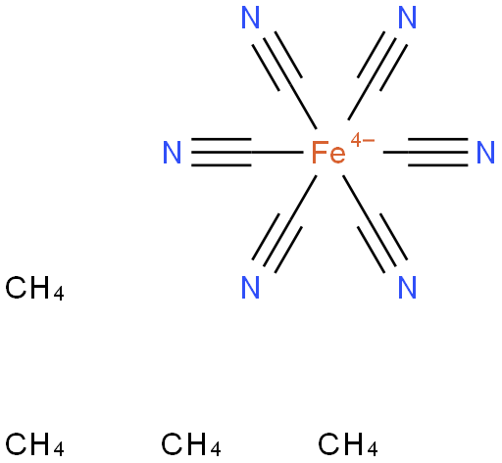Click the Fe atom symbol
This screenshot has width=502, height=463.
pyautogui.click(x=328, y=153)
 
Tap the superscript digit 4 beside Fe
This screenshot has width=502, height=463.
pyautogui.click(x=356, y=141)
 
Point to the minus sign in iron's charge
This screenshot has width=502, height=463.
pyautogui.click(x=369, y=141)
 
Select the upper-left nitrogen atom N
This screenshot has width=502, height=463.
pyautogui.click(x=250, y=18)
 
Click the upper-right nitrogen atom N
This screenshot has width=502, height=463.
pyautogui.click(x=407, y=18)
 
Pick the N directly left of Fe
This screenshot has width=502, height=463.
pyautogui.click(x=172, y=153)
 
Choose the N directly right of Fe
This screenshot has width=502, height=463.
pyautogui.click(x=485, y=153)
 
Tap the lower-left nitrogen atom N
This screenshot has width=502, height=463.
pyautogui.click(x=250, y=288)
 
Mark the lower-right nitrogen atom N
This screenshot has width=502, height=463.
pyautogui.click(x=407, y=288)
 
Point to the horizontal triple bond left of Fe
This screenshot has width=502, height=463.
pyautogui.click(x=222, y=153)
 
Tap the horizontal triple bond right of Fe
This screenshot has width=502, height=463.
pyautogui.click(x=438, y=153)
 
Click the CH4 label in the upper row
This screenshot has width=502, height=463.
pyautogui.click(x=34, y=288)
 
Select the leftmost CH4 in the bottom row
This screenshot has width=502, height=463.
pyautogui.click(x=34, y=444)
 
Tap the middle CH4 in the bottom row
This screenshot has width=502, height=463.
pyautogui.click(x=191, y=444)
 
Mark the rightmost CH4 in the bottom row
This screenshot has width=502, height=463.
pyautogui.click(x=348, y=444)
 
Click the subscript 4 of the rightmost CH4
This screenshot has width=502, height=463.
pyautogui.click(x=373, y=449)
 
